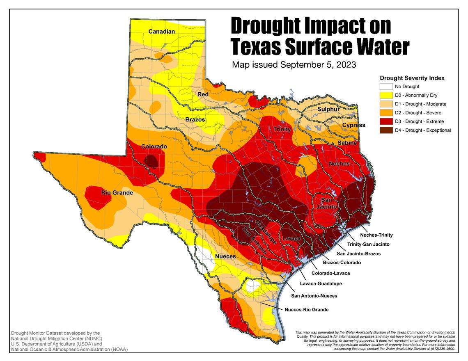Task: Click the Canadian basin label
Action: (x=162, y=32)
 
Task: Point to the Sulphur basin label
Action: (x=328, y=109)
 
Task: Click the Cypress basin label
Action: (x=353, y=125)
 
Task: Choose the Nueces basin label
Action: (x=225, y=256)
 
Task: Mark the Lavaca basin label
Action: (x=291, y=238)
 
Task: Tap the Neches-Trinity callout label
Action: (x=376, y=235)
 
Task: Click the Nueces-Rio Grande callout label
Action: (x=306, y=310)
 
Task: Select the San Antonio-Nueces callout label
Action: (x=314, y=296)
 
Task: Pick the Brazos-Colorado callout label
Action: (x=342, y=263)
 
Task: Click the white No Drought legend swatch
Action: (x=385, y=87)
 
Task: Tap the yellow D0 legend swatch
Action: (x=385, y=95)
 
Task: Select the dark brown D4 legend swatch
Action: (x=385, y=130)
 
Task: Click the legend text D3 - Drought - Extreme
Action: (x=419, y=121)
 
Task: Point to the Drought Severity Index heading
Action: (x=412, y=78)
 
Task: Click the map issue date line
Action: (x=294, y=65)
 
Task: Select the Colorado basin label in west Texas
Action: (x=154, y=146)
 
